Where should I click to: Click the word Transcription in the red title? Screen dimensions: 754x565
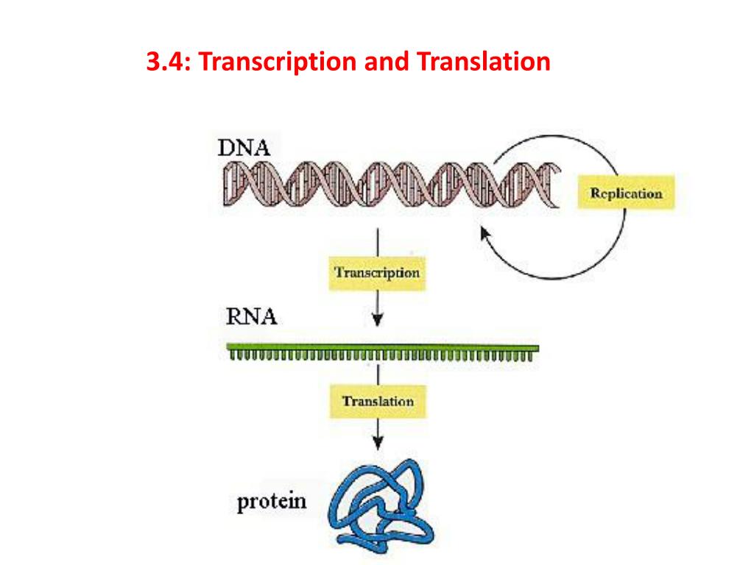click(x=278, y=62)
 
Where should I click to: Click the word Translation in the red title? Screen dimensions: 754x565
click(x=484, y=62)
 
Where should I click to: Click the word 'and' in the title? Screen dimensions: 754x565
click(x=387, y=62)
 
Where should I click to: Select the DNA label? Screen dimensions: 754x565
click(x=244, y=147)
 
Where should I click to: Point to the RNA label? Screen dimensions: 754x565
click(x=252, y=316)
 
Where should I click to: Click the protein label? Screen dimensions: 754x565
click(x=272, y=502)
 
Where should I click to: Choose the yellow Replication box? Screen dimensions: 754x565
click(x=626, y=192)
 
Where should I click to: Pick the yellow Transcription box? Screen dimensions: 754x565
click(x=377, y=274)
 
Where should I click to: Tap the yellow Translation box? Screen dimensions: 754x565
click(x=378, y=401)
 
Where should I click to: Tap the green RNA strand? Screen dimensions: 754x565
click(x=383, y=352)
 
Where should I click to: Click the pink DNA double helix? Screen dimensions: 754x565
click(x=392, y=185)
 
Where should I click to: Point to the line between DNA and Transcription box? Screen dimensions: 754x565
click(x=378, y=243)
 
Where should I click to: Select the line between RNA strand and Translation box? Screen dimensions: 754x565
click(x=378, y=374)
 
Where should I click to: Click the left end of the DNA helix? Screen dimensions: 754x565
click(x=224, y=185)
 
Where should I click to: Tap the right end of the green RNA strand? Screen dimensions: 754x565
click(x=538, y=348)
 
